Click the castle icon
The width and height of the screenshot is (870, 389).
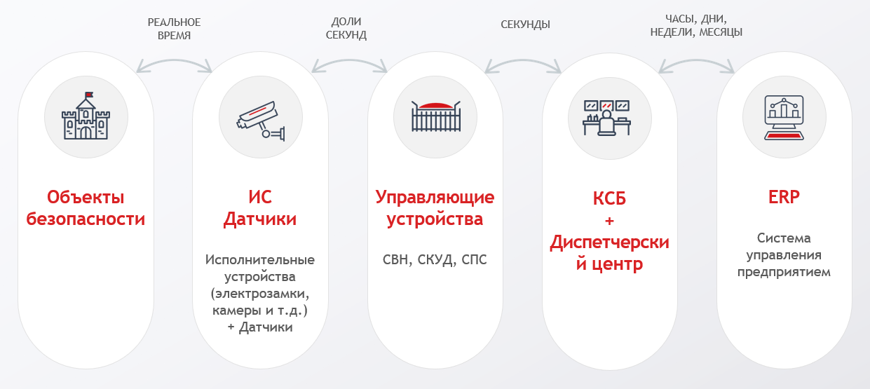click(x=86, y=117)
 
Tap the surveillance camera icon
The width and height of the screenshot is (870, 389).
click(x=260, y=117)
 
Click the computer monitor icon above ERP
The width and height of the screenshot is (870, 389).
click(x=783, y=117)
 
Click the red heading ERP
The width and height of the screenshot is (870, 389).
click(x=783, y=197)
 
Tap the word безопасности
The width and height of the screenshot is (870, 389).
click(x=86, y=219)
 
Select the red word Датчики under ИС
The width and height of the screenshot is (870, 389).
click(x=260, y=219)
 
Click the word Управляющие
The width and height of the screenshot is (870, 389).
click(x=435, y=197)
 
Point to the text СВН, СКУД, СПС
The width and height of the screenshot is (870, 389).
click(x=435, y=260)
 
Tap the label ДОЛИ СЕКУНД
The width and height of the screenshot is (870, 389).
click(x=346, y=29)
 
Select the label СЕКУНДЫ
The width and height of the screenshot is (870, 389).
click(x=525, y=25)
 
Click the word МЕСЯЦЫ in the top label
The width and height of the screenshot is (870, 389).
click(x=719, y=32)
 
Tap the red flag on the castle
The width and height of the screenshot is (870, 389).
click(x=89, y=95)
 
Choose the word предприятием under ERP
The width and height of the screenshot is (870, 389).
click(x=784, y=272)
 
